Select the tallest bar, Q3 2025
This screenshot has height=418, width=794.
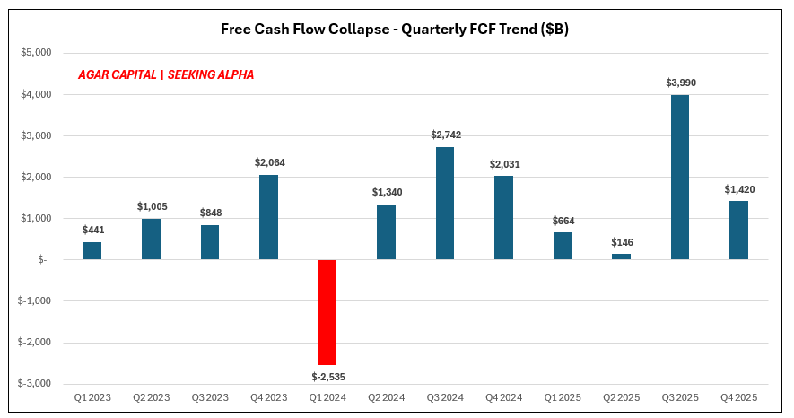click(680, 178)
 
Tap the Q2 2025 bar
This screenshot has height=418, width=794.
click(622, 257)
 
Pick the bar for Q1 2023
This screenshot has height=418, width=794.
click(92, 251)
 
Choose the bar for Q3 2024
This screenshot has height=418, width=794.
click(445, 204)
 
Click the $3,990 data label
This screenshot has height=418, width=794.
click(680, 83)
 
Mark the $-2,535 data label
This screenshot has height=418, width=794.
click(327, 376)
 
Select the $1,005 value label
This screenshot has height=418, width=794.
click(152, 206)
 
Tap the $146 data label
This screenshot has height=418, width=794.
click(622, 242)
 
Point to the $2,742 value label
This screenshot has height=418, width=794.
click(445, 135)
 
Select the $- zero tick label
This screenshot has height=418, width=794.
click(40, 259)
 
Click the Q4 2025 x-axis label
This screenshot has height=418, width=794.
click(739, 397)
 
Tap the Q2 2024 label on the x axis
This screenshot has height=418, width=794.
click(386, 397)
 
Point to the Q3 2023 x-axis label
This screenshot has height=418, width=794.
click(210, 397)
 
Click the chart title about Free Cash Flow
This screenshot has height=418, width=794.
click(395, 30)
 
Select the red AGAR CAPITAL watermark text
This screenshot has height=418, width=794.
click(166, 75)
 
